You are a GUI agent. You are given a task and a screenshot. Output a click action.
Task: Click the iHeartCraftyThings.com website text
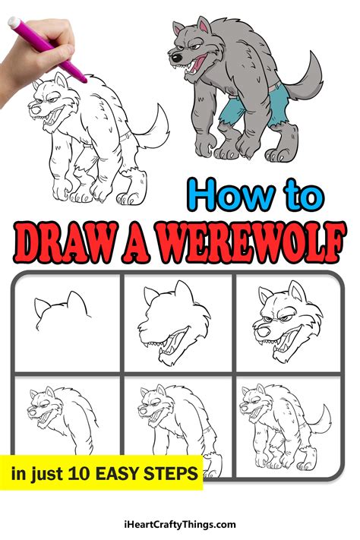point(179,524)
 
